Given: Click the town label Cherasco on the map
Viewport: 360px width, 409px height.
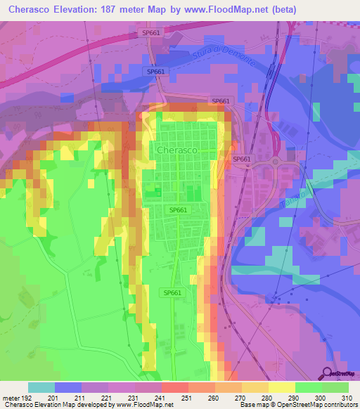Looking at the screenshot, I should tap(176, 150).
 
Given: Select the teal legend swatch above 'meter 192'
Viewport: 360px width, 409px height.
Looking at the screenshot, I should tap(41, 387).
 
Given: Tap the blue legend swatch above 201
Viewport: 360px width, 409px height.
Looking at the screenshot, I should tap(68, 387).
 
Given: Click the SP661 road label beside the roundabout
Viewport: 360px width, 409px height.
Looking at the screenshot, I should tap(242, 160).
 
